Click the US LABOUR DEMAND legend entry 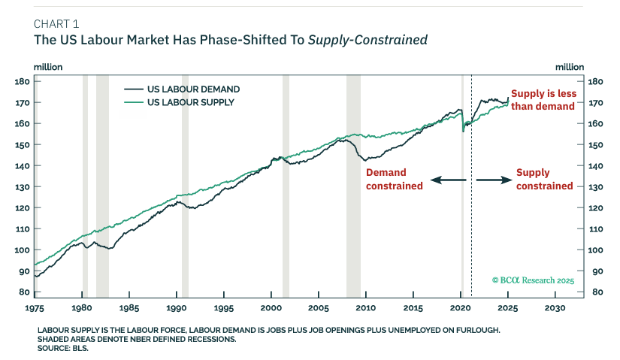(x=183, y=89)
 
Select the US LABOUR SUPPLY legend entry (x=180, y=102)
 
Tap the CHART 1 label (x=56, y=24)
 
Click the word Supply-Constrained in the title (x=367, y=40)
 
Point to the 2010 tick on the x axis (x=366, y=308)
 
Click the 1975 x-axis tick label (x=35, y=308)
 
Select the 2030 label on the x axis (x=555, y=308)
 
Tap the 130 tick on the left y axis (x=22, y=186)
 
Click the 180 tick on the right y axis (x=595, y=82)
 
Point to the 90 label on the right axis (x=597, y=271)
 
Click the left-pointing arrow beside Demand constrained (x=449, y=180)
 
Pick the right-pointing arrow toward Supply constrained (x=494, y=180)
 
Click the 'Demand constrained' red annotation (x=395, y=179)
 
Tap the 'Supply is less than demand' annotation (x=543, y=100)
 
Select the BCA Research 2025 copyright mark (x=533, y=280)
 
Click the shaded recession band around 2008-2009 (x=353, y=186)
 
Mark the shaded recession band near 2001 (x=286, y=186)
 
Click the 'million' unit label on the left (x=48, y=67)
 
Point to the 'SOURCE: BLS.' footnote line (x=63, y=349)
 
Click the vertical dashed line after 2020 (x=471, y=186)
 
